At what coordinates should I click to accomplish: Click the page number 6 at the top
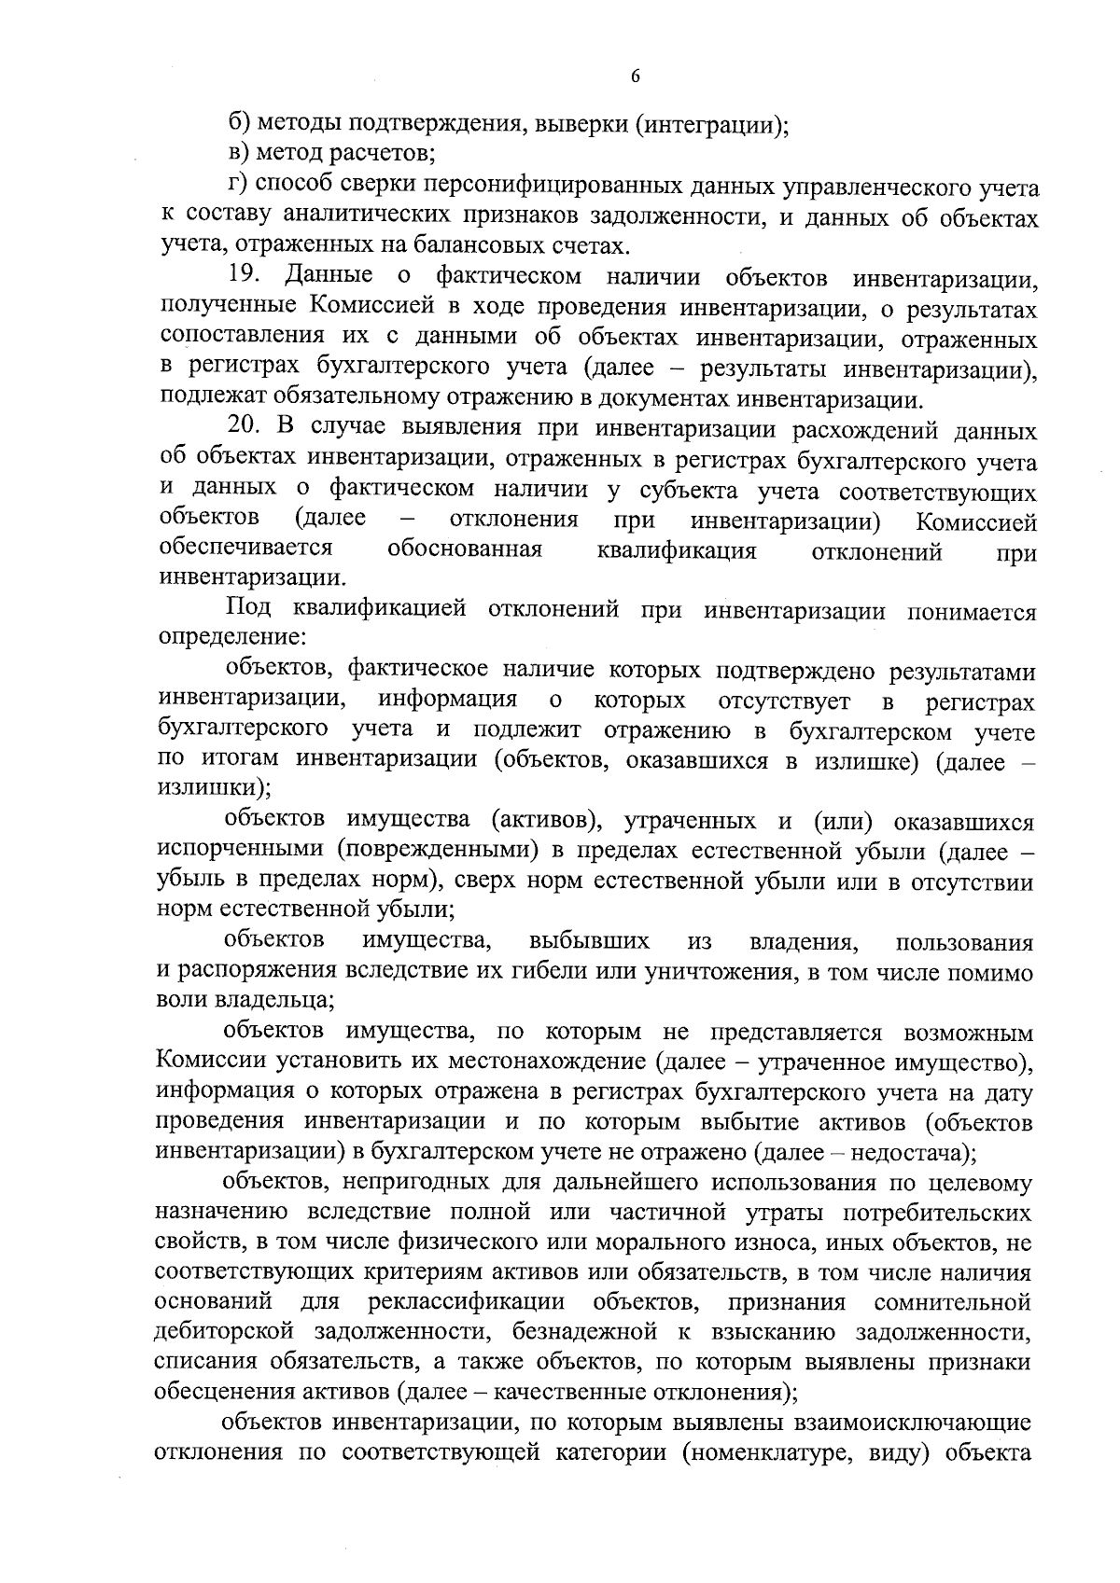(x=636, y=77)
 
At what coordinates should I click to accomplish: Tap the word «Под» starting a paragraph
(x=248, y=611)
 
